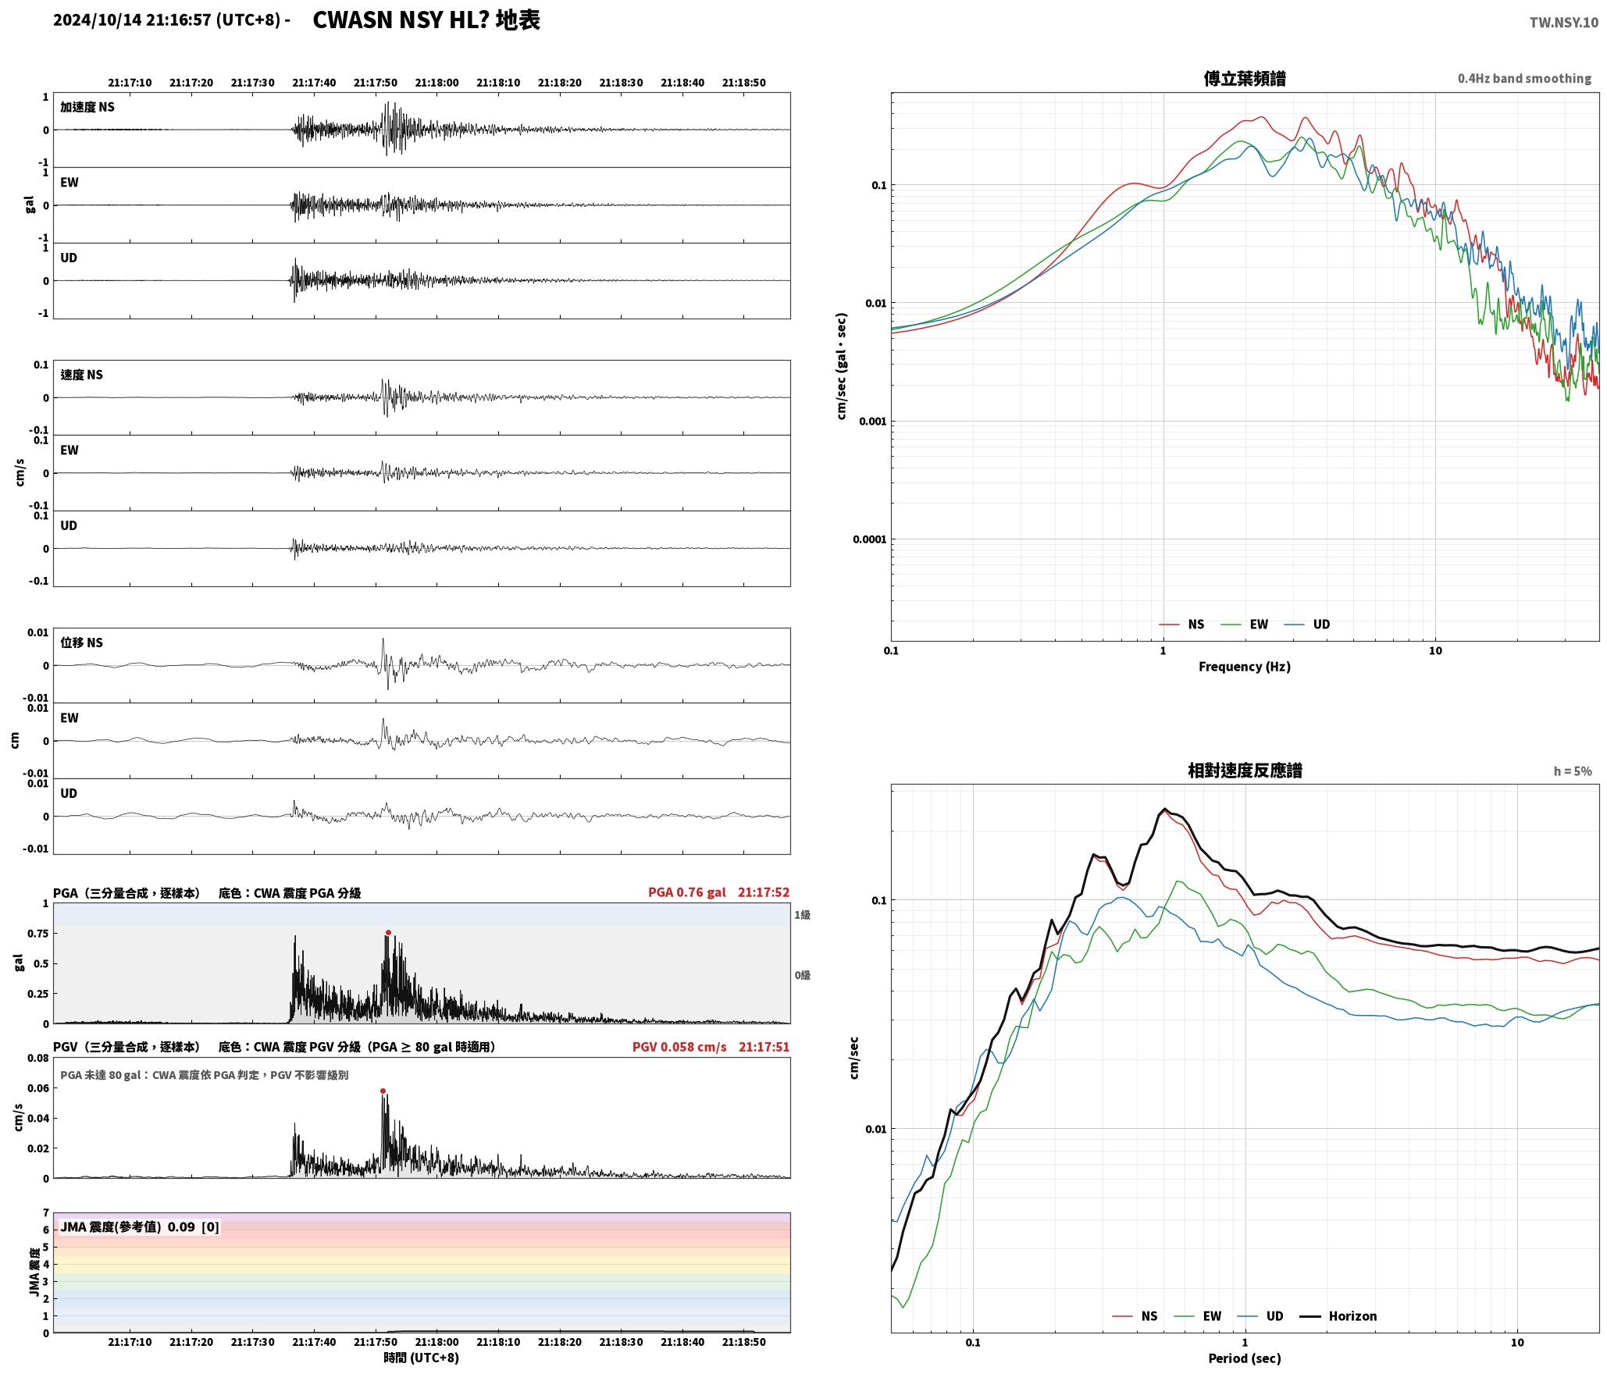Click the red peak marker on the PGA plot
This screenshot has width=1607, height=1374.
(x=388, y=932)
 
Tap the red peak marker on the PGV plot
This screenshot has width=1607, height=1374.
(x=383, y=1091)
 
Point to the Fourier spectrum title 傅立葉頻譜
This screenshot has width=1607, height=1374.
(x=1245, y=78)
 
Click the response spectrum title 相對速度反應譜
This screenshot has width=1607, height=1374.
(x=1245, y=770)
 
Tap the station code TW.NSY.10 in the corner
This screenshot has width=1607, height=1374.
(x=1563, y=23)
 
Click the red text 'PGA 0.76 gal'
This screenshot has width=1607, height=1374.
(x=686, y=892)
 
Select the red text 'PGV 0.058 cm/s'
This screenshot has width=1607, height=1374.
(x=679, y=1046)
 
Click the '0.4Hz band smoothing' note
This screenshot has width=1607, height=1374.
(x=1524, y=78)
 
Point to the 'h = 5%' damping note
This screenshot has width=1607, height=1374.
(x=1573, y=771)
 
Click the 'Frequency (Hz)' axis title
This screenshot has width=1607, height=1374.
(x=1245, y=666)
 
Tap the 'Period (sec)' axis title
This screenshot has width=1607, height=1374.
(x=1245, y=1358)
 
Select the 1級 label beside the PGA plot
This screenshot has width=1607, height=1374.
(x=802, y=914)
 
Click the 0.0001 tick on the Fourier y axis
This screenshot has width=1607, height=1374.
(x=867, y=539)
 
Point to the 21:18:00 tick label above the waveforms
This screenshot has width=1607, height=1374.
(x=436, y=82)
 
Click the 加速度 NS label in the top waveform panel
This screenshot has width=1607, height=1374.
(x=87, y=107)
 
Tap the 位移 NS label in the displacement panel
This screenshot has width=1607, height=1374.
(x=81, y=643)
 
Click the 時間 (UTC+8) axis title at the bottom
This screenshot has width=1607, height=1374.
(x=421, y=1357)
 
